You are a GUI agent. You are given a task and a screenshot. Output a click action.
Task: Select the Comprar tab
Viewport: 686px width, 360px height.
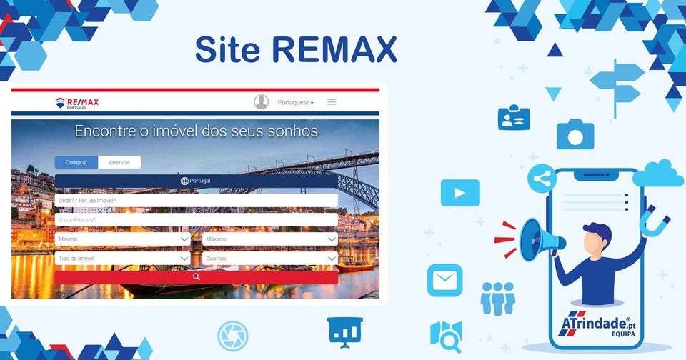point(76,162)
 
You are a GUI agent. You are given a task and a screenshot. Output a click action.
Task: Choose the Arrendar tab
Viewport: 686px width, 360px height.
point(119,162)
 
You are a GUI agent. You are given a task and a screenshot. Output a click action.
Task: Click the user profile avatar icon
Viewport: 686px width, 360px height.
point(262,102)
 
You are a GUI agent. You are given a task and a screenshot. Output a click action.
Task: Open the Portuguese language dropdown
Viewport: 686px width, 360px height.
point(296,103)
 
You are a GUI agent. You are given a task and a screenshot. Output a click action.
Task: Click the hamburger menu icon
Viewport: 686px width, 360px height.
point(332,102)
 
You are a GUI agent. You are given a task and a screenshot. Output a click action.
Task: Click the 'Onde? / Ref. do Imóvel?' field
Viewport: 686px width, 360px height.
point(196,201)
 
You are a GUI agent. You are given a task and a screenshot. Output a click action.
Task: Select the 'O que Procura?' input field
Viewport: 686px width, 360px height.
point(196,220)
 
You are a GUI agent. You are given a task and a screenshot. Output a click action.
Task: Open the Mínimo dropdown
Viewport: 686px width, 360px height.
point(123,239)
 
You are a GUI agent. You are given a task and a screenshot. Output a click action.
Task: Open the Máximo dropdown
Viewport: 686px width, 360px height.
point(270,239)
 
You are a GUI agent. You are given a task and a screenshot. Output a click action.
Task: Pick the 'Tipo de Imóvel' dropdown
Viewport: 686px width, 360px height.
point(123,258)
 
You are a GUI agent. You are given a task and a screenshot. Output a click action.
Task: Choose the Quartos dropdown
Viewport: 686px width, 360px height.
point(270,258)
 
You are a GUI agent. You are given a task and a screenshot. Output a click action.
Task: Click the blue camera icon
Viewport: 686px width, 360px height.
point(575,134)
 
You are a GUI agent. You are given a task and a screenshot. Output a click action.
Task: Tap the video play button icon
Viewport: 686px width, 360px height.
point(459,193)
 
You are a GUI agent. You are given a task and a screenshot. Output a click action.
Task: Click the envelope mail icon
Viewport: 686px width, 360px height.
point(444,280)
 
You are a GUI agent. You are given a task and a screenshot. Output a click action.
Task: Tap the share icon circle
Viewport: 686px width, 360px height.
point(542,179)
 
